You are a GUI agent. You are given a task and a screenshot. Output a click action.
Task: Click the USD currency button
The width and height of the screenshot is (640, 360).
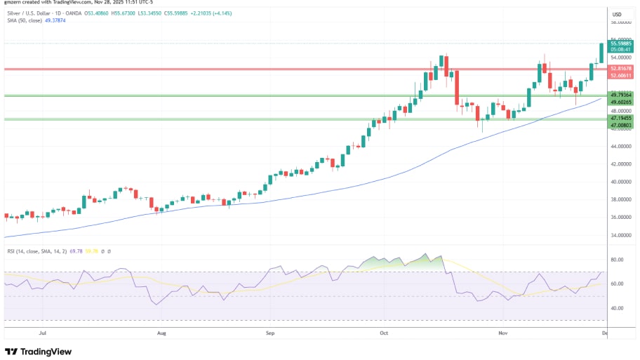click(618, 15)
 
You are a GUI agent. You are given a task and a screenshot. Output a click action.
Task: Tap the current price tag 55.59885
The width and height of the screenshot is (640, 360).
click(621, 44)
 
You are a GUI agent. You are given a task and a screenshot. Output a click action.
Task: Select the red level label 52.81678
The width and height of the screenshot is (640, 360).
click(621, 69)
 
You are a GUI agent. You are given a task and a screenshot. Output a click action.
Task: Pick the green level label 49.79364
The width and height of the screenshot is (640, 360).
click(621, 95)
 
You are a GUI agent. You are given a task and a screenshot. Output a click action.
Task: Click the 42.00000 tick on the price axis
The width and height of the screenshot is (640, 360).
click(622, 164)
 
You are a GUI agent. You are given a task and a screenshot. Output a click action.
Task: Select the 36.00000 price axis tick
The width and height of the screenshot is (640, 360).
click(622, 217)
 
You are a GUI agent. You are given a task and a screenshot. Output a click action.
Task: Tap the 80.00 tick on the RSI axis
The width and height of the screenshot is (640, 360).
click(618, 260)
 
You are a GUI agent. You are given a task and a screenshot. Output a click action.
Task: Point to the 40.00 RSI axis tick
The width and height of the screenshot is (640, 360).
click(618, 308)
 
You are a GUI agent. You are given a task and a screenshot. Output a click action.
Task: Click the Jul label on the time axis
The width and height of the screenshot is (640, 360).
click(43, 335)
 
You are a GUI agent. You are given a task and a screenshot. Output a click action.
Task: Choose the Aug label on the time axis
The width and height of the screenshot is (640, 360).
click(162, 335)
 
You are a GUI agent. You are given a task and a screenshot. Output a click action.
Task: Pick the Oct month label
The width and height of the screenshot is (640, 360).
click(383, 335)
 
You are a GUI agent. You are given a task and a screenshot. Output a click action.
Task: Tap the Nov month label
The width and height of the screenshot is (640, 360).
click(502, 335)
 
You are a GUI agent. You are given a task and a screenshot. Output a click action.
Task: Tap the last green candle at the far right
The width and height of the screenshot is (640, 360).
click(601, 52)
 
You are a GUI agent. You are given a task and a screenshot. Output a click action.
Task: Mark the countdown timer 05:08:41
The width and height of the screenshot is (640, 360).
click(621, 50)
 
